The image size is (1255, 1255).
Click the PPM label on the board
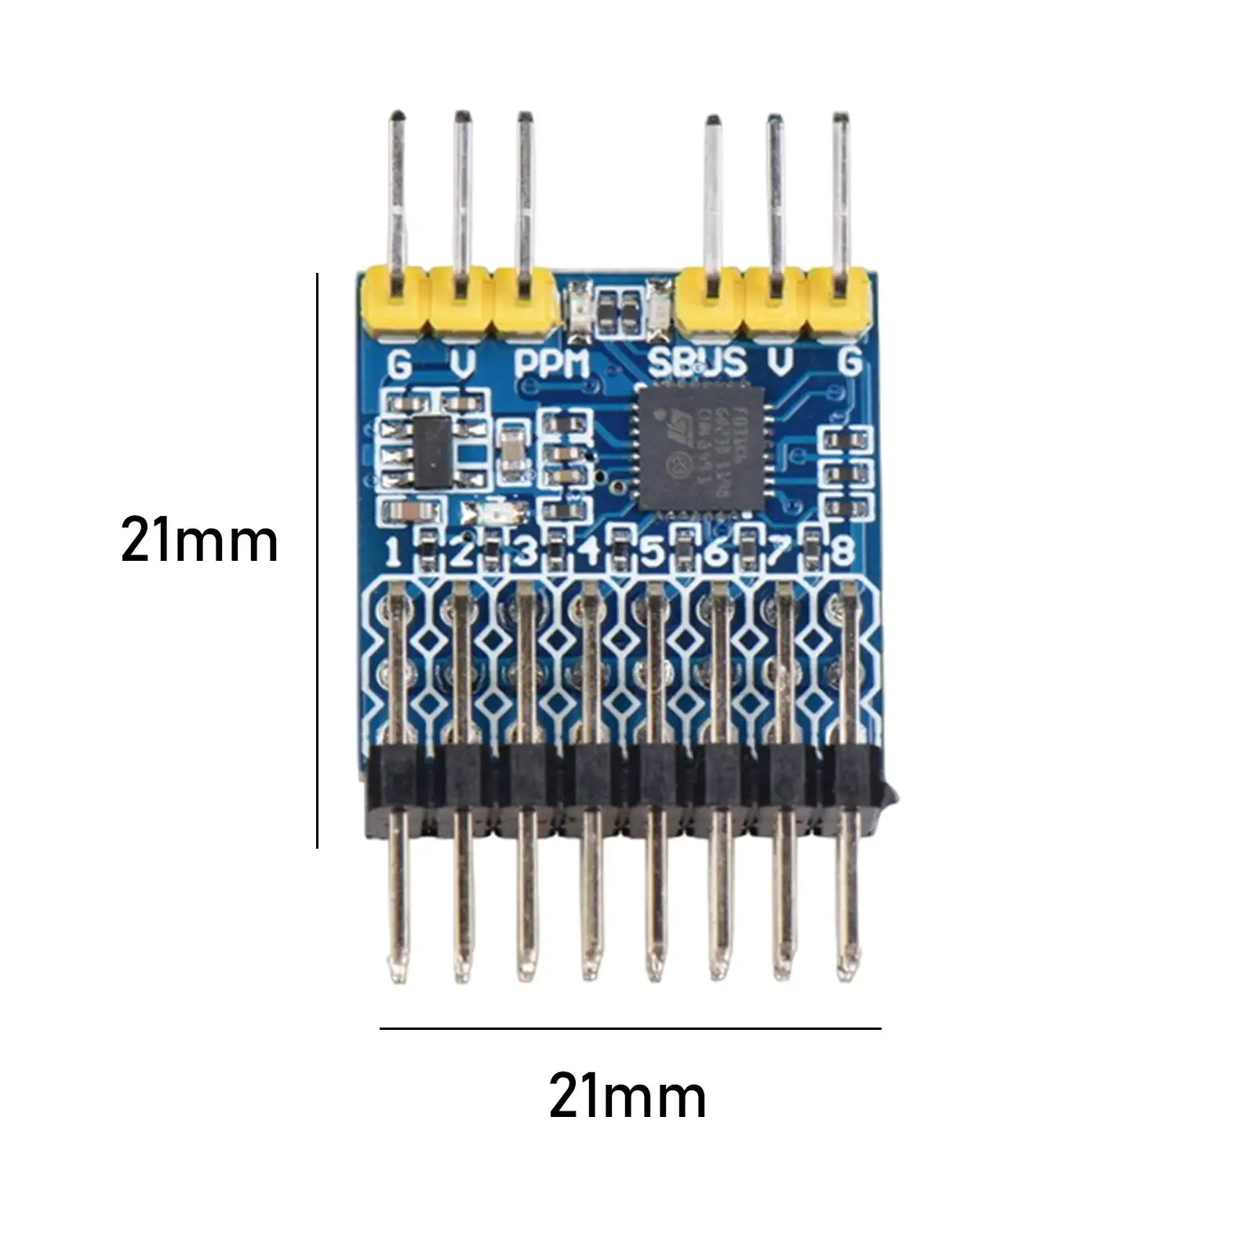tap(551, 364)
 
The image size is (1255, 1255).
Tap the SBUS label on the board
tap(697, 363)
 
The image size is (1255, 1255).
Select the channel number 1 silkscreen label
tap(394, 552)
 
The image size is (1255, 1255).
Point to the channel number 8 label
tap(842, 551)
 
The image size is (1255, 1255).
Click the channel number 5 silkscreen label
tap(652, 552)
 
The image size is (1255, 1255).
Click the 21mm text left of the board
tap(200, 541)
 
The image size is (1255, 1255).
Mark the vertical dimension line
tap(317, 561)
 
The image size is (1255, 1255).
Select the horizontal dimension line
tap(630, 1028)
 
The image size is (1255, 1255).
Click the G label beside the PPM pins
tap(399, 364)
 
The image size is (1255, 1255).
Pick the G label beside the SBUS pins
tap(850, 362)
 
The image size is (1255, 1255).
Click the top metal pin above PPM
tap(526, 196)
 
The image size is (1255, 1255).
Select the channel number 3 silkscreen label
tap(525, 552)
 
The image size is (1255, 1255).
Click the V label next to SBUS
tap(780, 362)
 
